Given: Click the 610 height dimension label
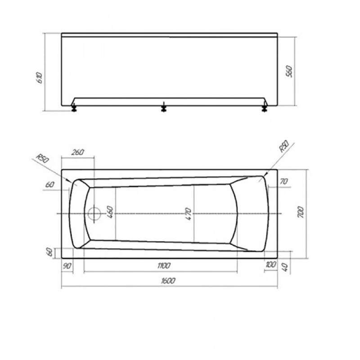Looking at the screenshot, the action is [40, 77].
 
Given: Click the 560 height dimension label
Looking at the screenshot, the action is [289, 72].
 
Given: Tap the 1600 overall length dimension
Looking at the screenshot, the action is [168, 280].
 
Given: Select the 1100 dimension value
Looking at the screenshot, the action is [164, 265].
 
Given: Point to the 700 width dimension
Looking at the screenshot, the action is [300, 212].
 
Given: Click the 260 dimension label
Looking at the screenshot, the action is [77, 152].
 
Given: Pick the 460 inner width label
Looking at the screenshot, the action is [110, 212].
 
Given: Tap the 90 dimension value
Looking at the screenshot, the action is [67, 266].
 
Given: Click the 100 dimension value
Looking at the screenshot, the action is [271, 265].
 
